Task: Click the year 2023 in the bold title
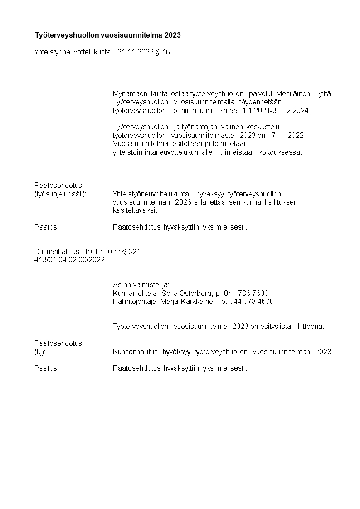click(173, 34)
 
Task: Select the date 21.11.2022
click(135, 52)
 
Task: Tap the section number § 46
click(162, 52)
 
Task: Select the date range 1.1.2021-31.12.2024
click(277, 110)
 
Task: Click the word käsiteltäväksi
click(135, 210)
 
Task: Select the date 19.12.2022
click(102, 251)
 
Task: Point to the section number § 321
click(131, 251)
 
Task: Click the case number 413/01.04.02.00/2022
click(69, 259)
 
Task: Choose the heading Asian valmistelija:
click(141, 284)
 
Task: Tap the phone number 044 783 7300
click(249, 293)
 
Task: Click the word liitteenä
click(311, 326)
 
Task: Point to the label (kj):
click(40, 352)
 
